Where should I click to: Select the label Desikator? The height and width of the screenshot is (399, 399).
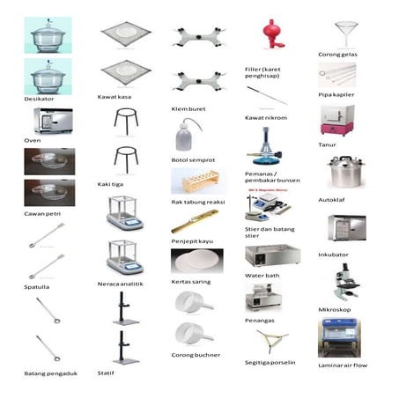click(39, 99)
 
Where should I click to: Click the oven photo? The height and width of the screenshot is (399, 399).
click(53, 121)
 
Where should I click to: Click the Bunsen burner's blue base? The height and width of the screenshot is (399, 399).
click(264, 160)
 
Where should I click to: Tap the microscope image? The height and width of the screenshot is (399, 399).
click(346, 281)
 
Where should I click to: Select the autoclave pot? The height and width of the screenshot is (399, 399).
click(346, 172)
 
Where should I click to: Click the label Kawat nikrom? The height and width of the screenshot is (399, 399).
click(266, 118)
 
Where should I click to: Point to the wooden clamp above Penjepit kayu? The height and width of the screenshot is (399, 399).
click(195, 221)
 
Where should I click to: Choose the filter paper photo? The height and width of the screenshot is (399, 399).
click(197, 261)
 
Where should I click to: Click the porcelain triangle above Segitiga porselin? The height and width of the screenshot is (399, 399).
click(272, 341)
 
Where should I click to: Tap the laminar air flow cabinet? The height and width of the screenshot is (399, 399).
click(339, 337)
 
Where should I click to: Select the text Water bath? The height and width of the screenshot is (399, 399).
click(262, 276)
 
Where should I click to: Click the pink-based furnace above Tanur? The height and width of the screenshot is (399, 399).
click(337, 121)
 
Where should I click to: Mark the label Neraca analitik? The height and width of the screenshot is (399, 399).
click(121, 284)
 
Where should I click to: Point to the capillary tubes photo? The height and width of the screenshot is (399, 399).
click(337, 75)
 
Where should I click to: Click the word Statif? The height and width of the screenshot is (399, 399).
click(106, 373)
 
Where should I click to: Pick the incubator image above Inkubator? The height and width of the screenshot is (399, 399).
click(347, 228)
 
